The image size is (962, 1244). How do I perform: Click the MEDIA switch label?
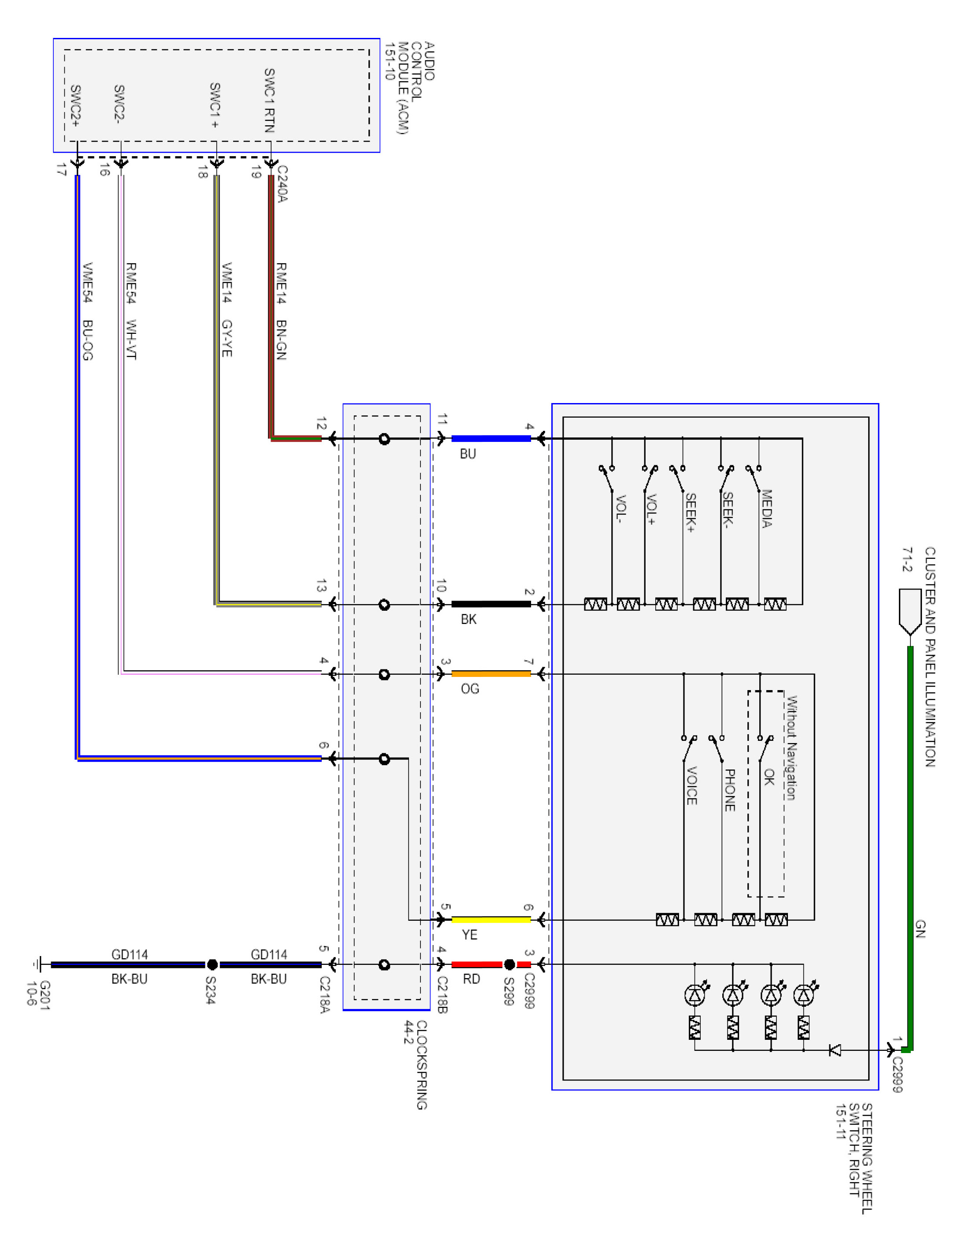coord(767,508)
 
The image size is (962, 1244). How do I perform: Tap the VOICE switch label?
coord(691,786)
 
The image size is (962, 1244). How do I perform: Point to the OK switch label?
coord(769,777)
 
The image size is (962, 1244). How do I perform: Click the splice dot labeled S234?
coord(212,964)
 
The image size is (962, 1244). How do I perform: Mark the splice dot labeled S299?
coord(509,964)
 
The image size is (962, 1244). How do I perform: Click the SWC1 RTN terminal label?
coord(269,101)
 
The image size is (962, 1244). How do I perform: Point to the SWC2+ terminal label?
coord(75,106)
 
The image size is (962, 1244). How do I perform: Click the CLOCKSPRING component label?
coord(421,1065)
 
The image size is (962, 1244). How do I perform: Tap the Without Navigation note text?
coord(791,748)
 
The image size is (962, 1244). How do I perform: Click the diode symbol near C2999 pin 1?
coord(835,1050)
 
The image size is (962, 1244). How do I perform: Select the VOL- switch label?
coord(621,509)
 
